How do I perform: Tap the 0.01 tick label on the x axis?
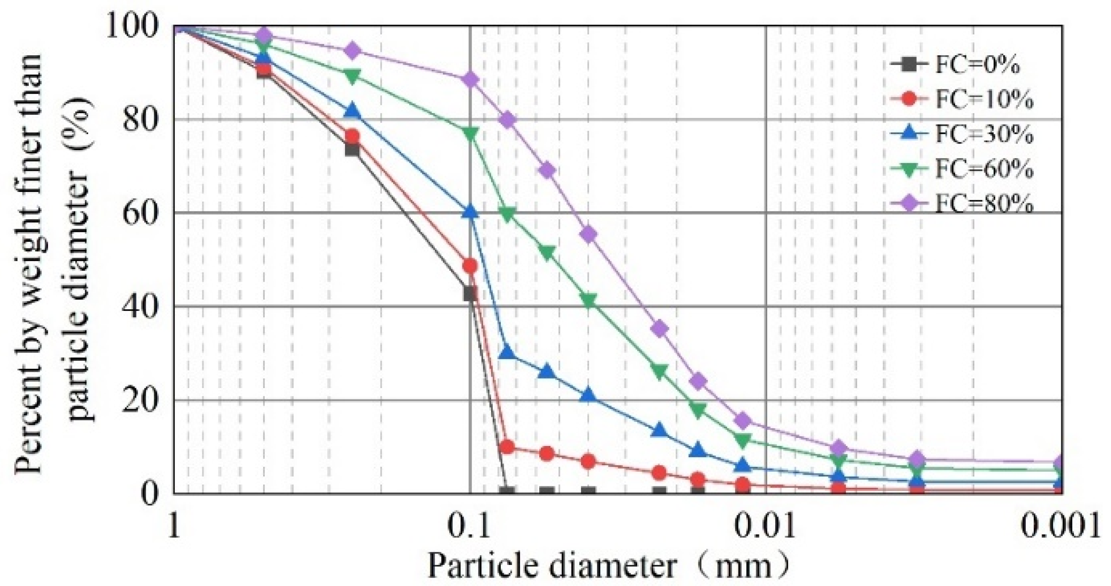point(766,527)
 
